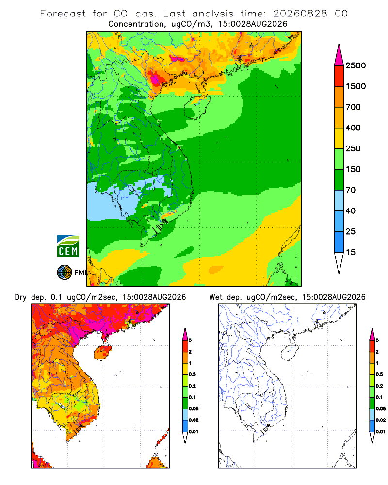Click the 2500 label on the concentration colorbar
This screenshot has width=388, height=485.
click(x=356, y=65)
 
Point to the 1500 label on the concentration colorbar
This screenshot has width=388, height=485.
click(x=356, y=86)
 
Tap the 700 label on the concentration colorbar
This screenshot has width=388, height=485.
click(x=353, y=107)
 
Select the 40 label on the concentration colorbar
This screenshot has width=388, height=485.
click(x=351, y=210)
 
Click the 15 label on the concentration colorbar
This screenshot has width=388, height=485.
click(x=351, y=252)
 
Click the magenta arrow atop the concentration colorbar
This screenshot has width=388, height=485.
click(x=339, y=55)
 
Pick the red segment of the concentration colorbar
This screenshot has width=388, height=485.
click(x=339, y=76)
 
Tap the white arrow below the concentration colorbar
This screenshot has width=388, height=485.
click(x=339, y=262)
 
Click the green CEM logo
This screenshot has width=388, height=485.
click(x=68, y=246)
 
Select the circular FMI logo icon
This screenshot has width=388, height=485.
click(x=65, y=273)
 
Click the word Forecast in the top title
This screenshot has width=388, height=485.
click(x=63, y=14)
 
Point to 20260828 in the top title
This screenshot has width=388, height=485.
click(x=300, y=14)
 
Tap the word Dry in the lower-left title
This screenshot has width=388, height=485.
click(x=20, y=297)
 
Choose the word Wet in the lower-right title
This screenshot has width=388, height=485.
click(x=216, y=297)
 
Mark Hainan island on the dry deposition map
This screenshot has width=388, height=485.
click(x=102, y=353)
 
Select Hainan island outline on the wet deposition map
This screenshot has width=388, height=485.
click(x=290, y=353)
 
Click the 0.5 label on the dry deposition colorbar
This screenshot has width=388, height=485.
click(x=192, y=374)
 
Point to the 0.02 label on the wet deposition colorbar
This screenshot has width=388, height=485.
click(x=381, y=420)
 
